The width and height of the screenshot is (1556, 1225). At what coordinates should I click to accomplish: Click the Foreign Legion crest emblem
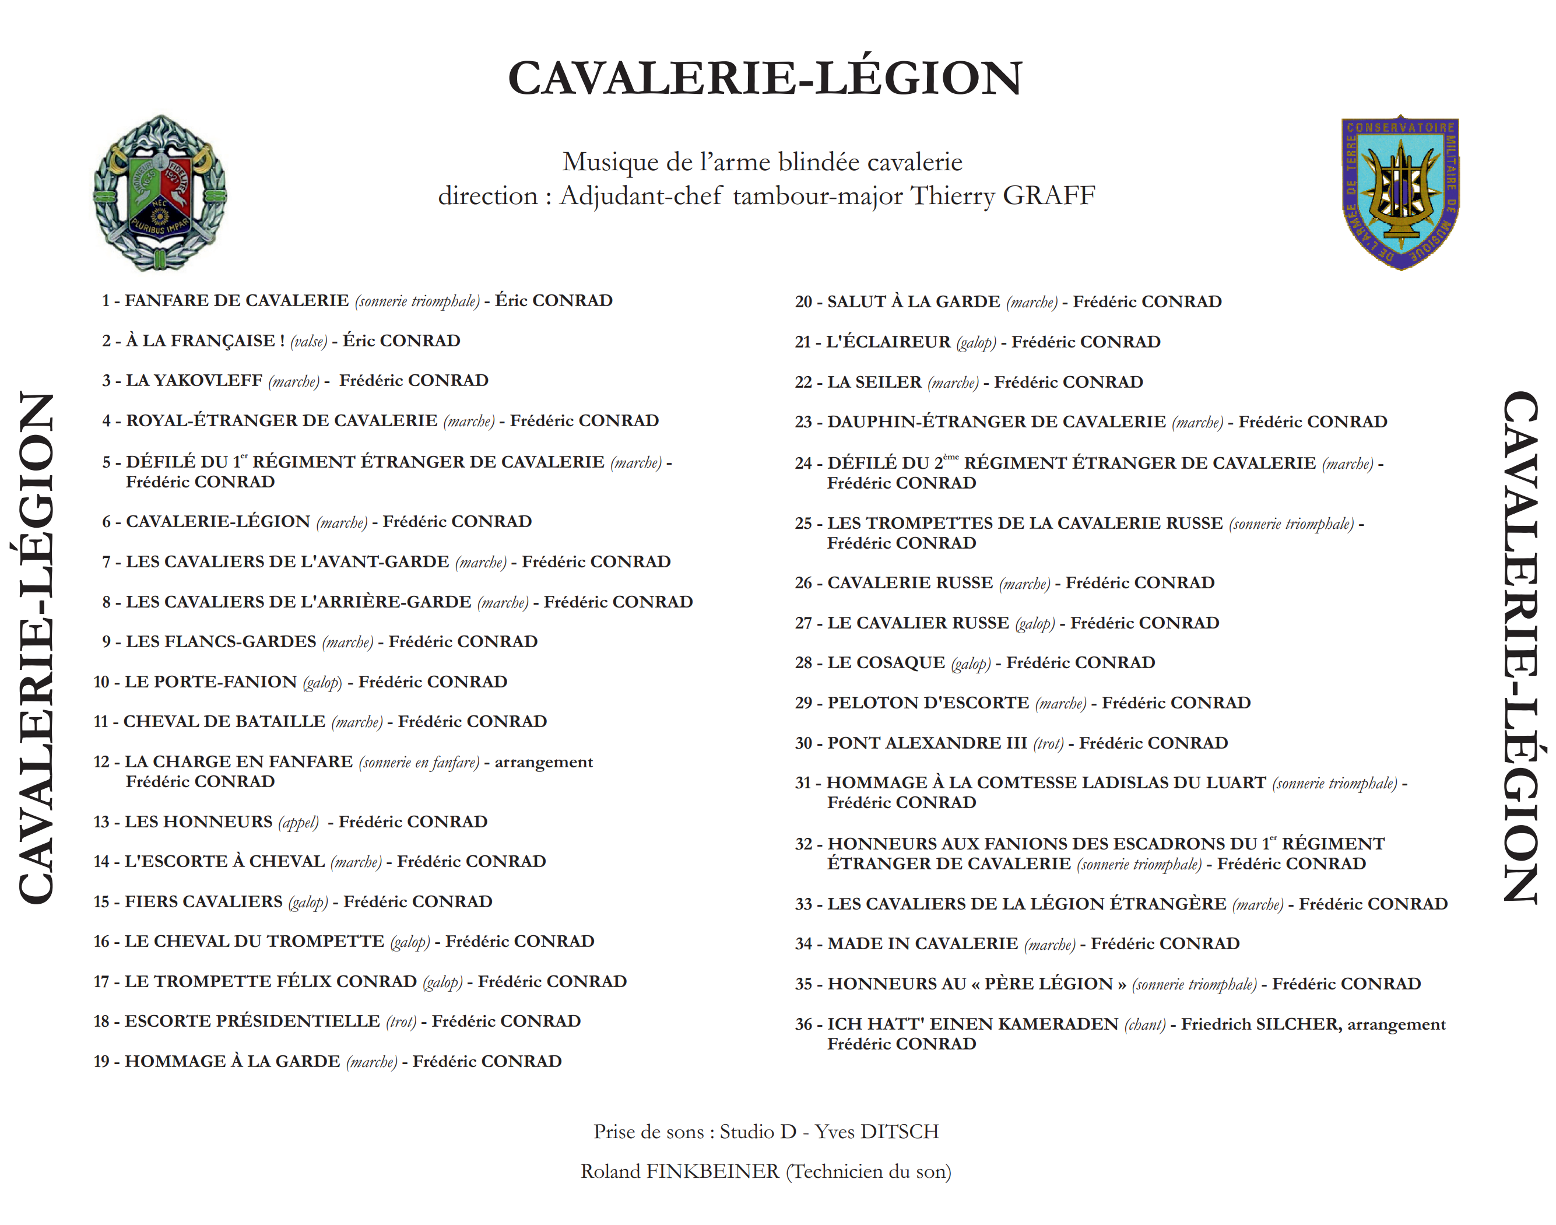click(160, 193)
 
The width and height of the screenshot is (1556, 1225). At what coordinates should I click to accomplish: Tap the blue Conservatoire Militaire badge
click(1400, 192)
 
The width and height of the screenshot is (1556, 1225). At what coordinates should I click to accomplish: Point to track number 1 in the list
click(106, 300)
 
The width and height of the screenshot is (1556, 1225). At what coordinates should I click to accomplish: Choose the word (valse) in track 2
click(308, 342)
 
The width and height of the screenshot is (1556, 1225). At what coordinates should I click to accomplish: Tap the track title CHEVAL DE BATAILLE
click(224, 721)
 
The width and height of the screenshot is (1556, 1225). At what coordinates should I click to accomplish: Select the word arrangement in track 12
click(543, 763)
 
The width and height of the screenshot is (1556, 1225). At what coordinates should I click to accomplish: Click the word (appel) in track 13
click(298, 822)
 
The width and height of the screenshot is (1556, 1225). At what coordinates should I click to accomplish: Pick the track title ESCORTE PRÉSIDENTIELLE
click(252, 1022)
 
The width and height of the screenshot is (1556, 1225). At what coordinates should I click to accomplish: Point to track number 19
click(102, 1062)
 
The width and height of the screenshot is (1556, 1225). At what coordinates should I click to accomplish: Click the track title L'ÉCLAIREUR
click(888, 342)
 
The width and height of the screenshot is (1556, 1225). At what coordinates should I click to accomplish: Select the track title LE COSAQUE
click(886, 663)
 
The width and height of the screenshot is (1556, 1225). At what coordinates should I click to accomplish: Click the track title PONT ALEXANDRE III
click(927, 743)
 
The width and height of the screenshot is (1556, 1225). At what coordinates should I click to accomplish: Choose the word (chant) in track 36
click(1144, 1025)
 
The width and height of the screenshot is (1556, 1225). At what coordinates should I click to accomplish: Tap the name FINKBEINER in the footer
click(712, 1172)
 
